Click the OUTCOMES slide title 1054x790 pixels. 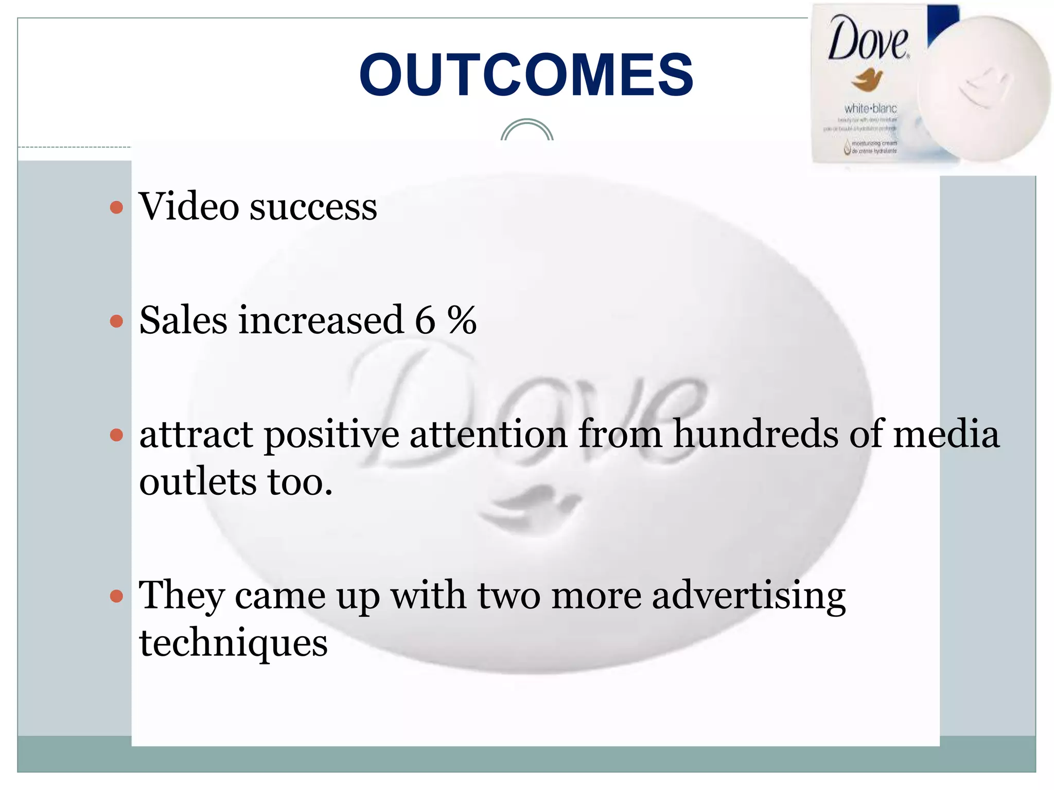tap(526, 75)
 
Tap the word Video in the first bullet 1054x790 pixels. tap(189, 207)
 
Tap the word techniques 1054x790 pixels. tap(233, 644)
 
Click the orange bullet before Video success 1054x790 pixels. tap(117, 208)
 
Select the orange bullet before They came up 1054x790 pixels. tap(117, 597)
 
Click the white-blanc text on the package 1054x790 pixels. tap(870, 109)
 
